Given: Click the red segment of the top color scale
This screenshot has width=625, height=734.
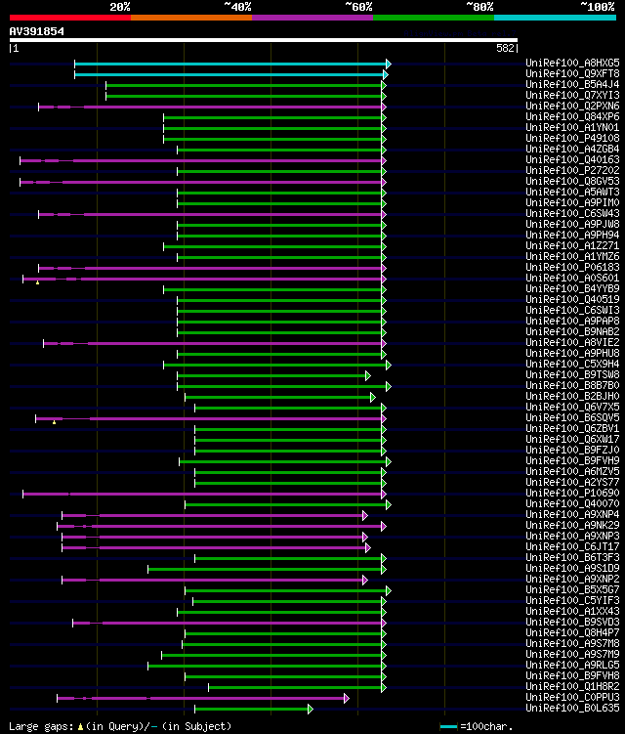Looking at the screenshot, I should point(69,17).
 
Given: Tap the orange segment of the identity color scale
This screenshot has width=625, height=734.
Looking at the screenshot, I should point(190,17).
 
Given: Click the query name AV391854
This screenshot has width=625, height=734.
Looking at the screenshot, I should point(37,31).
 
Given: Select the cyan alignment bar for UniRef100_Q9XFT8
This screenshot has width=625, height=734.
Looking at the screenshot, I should point(231,74).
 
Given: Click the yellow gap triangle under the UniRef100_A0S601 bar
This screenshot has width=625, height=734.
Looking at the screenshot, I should point(37,282).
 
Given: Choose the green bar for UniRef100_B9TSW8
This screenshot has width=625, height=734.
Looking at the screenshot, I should point(272,375).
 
